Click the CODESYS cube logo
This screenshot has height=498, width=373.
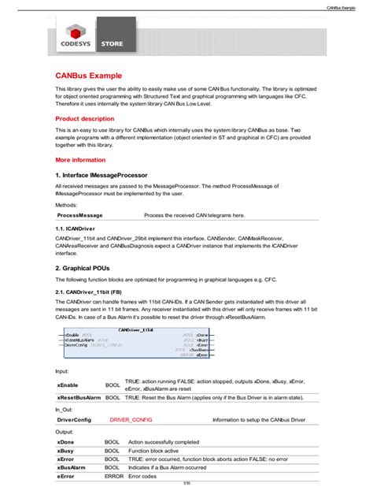click(x=76, y=33)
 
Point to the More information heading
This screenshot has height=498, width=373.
click(x=81, y=159)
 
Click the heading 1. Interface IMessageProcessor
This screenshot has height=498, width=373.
click(x=102, y=174)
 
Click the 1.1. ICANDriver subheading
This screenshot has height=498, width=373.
click(x=76, y=228)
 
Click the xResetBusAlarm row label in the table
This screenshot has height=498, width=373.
click(x=79, y=397)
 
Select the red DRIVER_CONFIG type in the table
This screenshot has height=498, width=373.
click(x=131, y=420)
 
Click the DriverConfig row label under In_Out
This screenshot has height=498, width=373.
click(x=74, y=420)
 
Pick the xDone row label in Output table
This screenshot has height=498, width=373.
click(x=66, y=442)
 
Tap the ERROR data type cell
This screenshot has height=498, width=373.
click(x=114, y=475)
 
